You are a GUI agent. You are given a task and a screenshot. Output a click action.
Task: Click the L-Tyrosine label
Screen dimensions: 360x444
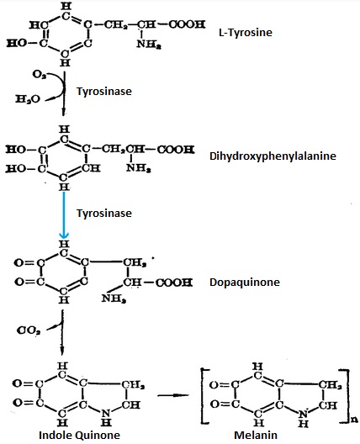point(246,33)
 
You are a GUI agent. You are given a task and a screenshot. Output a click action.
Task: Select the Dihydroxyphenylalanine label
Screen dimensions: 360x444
point(273,156)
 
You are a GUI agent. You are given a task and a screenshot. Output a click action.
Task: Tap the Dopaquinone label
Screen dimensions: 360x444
point(245,283)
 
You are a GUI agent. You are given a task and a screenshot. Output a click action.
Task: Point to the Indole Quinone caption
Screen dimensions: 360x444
point(79,436)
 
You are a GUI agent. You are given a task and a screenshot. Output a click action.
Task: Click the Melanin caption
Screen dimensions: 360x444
point(256,435)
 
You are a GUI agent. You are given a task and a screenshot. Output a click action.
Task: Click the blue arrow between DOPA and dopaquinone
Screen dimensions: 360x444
point(64,215)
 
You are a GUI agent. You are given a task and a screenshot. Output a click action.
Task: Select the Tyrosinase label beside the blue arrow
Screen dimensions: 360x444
point(104,213)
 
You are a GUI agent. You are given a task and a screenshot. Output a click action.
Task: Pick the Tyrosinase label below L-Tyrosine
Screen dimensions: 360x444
point(104,91)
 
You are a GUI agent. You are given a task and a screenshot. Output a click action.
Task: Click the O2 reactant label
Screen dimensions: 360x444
point(39,75)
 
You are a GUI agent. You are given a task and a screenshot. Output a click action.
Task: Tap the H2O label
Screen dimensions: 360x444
point(28,99)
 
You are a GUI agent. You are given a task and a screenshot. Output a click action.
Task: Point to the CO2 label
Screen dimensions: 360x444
point(29,330)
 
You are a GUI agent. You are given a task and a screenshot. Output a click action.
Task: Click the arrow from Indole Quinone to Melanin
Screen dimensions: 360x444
point(173,395)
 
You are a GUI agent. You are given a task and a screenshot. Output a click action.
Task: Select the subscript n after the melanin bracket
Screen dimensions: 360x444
point(354,419)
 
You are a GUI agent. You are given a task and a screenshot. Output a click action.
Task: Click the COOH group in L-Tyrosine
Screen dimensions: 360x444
point(187,24)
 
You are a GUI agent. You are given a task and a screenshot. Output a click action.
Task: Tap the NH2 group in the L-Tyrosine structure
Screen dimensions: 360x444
point(149,45)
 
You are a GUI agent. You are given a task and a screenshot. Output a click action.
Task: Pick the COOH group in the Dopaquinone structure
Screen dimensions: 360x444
point(174,283)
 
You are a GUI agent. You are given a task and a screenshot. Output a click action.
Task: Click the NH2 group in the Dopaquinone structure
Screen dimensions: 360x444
point(114,299)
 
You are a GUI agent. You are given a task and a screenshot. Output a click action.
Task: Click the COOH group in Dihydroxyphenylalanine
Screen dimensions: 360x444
point(176,149)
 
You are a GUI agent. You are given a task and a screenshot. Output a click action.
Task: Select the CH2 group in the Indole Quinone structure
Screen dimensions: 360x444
point(133,385)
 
